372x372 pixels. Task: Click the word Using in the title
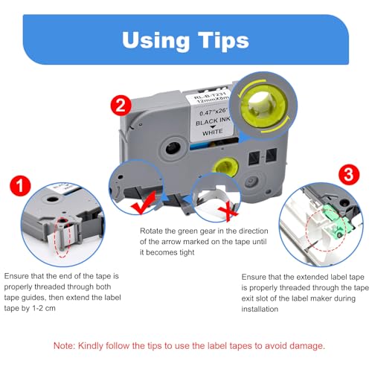click(x=155, y=41)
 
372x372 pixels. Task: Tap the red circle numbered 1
click(x=20, y=186)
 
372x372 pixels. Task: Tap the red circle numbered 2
click(x=121, y=106)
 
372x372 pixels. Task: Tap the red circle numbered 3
click(x=349, y=174)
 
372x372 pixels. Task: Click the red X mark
click(x=228, y=212)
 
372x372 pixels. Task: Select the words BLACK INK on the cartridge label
click(x=213, y=121)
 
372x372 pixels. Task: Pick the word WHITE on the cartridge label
click(x=213, y=132)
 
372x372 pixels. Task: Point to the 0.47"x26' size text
click(x=214, y=112)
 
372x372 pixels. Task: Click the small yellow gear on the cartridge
click(x=225, y=167)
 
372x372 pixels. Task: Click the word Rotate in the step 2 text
click(x=152, y=231)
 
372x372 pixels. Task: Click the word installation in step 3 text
click(x=260, y=309)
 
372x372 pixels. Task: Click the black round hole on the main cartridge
click(x=173, y=148)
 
